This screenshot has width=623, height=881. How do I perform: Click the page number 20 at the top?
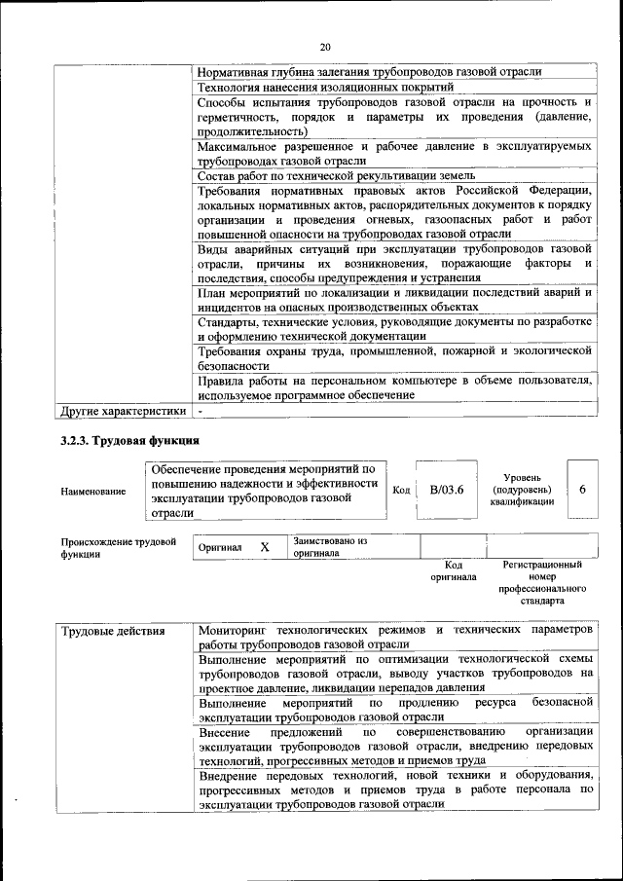pos(325,46)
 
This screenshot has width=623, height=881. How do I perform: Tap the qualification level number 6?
pos(582,490)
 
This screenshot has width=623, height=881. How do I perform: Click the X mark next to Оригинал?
pos(265,547)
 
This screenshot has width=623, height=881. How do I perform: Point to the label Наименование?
pos(92,492)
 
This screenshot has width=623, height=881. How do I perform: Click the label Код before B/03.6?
pos(400,490)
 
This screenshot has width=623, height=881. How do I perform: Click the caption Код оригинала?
pos(453,570)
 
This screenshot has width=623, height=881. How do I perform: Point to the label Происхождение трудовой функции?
pos(117,547)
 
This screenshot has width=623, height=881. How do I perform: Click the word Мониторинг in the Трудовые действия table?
pos(232,630)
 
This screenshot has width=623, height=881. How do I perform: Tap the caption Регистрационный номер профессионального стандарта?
pos(542,582)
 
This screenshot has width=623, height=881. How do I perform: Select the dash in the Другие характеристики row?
pos(199,411)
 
